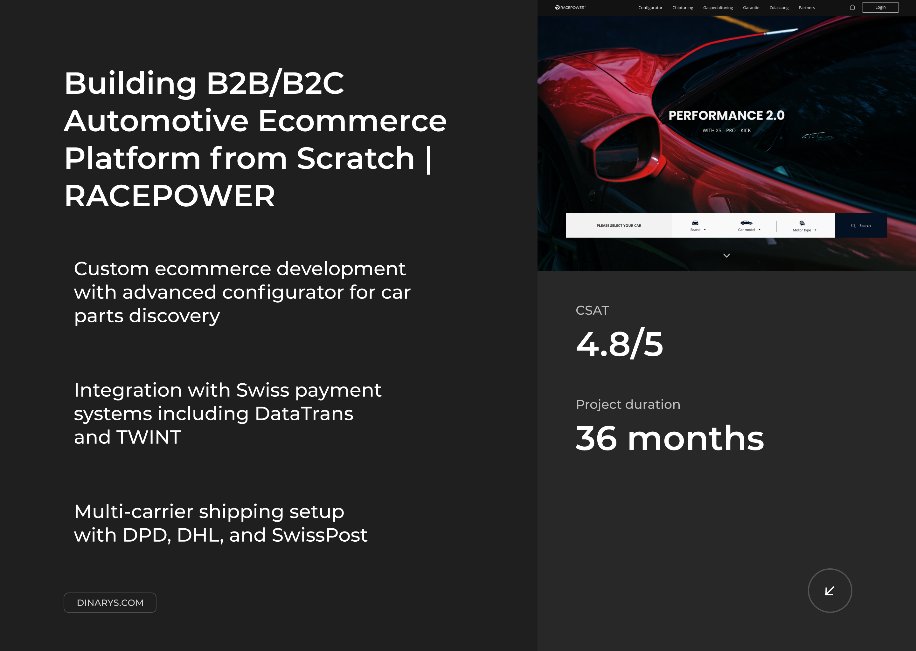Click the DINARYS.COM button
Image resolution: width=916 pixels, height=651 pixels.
coord(110,602)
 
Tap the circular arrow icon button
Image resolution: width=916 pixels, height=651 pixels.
coord(830,591)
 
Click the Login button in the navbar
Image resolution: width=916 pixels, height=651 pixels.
coord(880,7)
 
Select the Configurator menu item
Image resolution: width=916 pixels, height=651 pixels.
coord(650,8)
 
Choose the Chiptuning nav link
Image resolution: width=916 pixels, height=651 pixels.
coord(683,8)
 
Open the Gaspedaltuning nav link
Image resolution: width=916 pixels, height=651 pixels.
coord(718,8)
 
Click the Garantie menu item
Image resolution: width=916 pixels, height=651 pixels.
coord(751,8)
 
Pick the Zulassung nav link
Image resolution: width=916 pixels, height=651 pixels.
coord(779,8)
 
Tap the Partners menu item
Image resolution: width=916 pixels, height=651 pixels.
coord(807,8)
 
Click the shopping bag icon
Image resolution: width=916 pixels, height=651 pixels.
coord(852,7)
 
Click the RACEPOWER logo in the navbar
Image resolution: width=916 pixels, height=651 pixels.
coord(570,8)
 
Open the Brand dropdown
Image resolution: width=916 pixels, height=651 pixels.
coord(698,226)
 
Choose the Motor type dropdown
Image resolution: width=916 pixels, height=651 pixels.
coord(804,226)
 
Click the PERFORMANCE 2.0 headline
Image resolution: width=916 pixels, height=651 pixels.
coord(726,115)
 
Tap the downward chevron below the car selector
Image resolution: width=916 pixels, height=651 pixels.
coord(726,255)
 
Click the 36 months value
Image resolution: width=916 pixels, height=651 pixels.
coord(670,438)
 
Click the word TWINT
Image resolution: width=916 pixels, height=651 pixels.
coord(149,437)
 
